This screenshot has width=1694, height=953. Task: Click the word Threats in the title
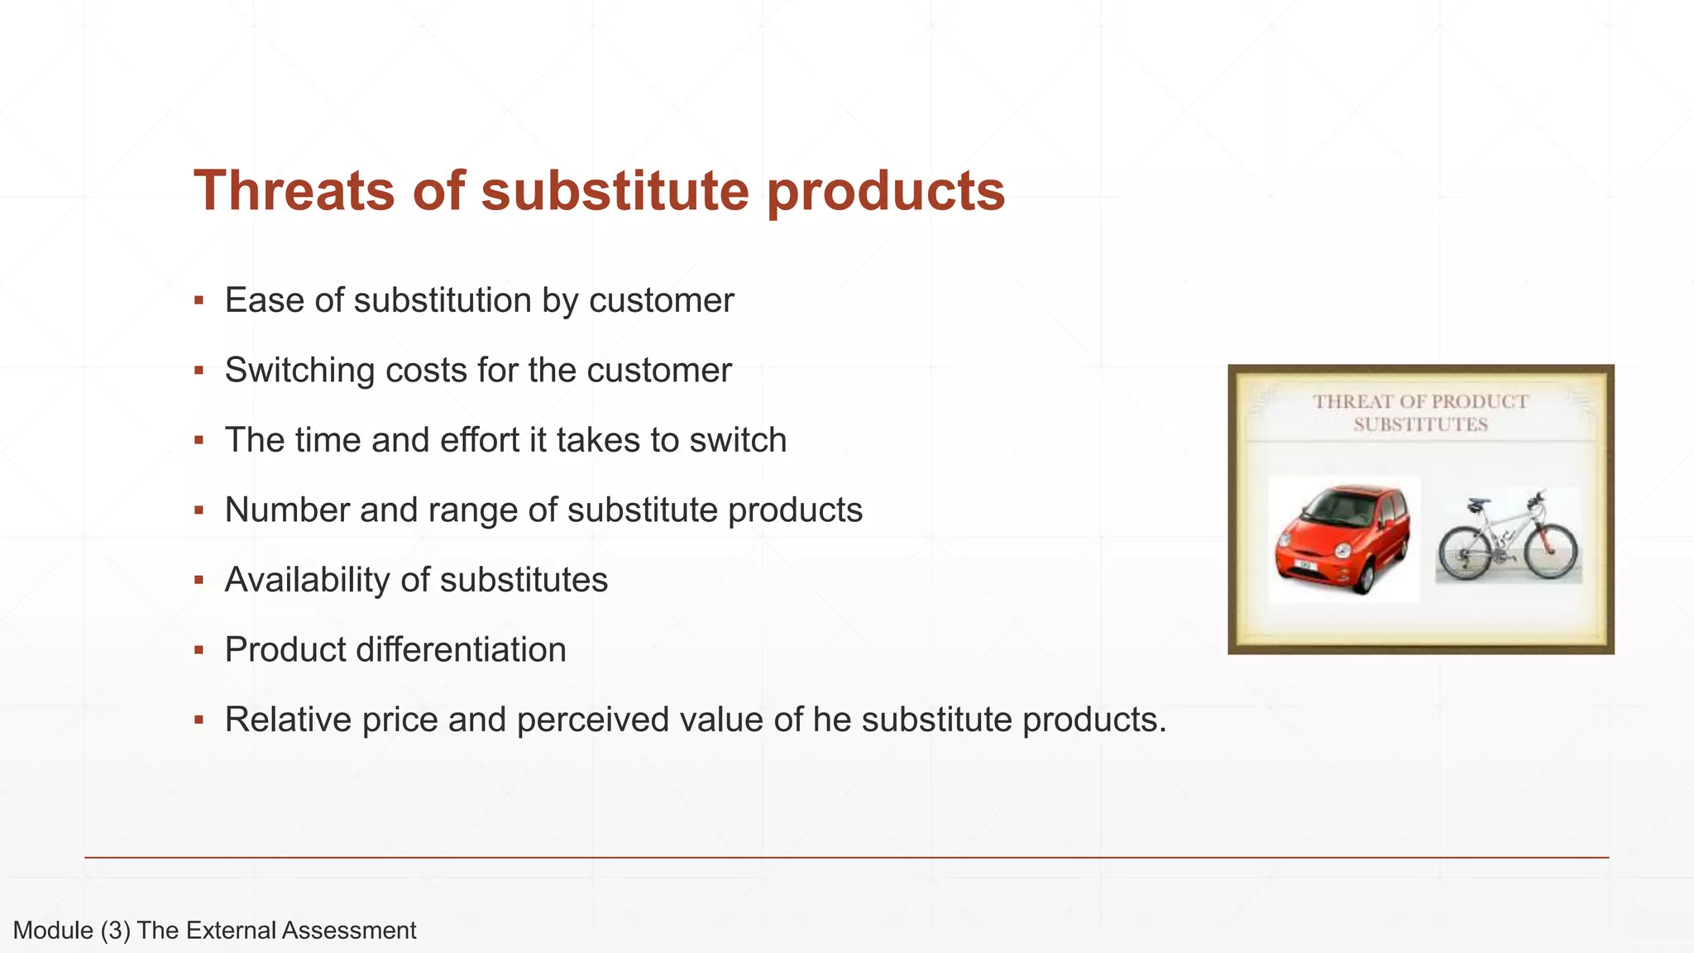click(294, 191)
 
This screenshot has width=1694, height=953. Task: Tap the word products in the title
click(885, 191)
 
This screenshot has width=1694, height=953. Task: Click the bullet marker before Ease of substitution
click(199, 299)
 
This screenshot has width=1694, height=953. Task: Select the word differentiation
click(461, 649)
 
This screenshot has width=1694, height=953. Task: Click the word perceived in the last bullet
click(592, 720)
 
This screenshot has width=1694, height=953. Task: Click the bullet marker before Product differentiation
click(199, 649)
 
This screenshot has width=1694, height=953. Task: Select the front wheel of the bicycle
click(1552, 549)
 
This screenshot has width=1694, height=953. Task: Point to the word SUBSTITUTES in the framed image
click(1420, 425)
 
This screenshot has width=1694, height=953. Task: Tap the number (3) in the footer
click(116, 931)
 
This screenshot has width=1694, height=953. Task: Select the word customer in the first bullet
click(661, 299)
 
